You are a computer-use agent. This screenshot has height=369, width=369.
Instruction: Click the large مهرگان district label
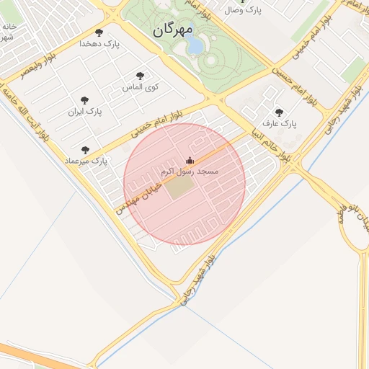(174, 31)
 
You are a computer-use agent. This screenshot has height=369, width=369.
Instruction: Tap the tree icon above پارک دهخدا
(99, 32)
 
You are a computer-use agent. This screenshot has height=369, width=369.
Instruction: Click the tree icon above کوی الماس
(140, 76)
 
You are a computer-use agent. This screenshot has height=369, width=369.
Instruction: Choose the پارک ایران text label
(86, 112)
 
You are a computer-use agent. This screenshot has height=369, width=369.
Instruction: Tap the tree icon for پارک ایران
(85, 100)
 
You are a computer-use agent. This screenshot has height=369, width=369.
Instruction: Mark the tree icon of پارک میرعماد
(85, 150)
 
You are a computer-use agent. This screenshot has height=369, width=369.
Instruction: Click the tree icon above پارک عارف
(279, 112)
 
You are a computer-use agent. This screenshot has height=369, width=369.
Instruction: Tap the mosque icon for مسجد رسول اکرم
(190, 160)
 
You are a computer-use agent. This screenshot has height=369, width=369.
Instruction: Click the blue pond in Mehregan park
(195, 45)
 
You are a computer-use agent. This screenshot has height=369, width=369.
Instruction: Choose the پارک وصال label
(243, 11)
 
